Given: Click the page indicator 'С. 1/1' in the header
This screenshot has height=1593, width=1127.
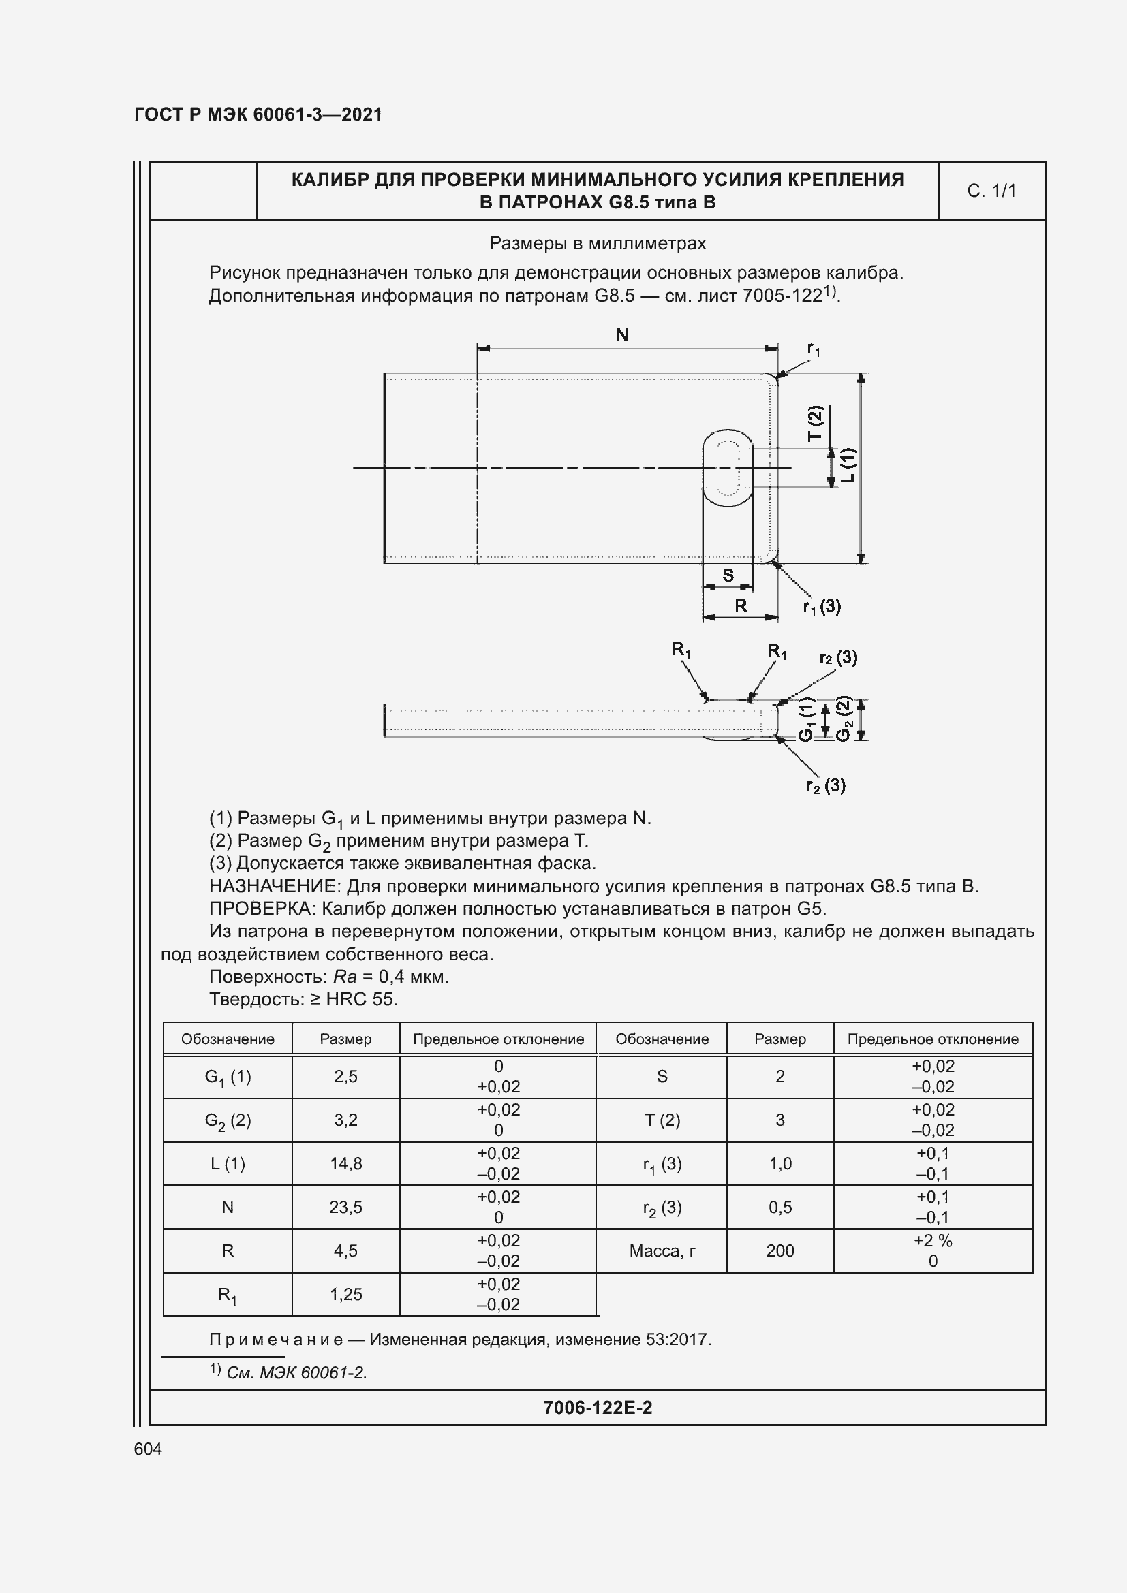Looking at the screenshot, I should (x=991, y=191).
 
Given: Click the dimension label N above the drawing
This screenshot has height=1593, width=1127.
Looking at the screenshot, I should (x=622, y=335).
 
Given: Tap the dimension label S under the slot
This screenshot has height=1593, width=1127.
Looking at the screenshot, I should (x=728, y=575).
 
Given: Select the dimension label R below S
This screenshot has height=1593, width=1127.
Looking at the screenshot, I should (x=741, y=605).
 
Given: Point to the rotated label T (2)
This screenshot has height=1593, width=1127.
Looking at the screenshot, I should (x=815, y=423).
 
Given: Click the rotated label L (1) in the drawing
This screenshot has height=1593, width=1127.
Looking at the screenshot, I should (x=848, y=465).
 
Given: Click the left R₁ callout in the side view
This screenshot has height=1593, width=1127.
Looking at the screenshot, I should (x=681, y=650).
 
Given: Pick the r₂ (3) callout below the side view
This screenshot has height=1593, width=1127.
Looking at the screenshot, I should (x=825, y=785).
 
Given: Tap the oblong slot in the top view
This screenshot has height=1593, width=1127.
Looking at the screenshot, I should (x=727, y=468).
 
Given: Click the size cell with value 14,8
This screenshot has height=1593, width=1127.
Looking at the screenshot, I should (x=345, y=1163).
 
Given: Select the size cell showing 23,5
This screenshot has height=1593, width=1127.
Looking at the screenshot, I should (x=345, y=1208).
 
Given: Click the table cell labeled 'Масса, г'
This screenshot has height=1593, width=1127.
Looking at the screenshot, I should (x=662, y=1251).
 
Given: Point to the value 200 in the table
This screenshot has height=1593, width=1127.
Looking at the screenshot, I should (x=780, y=1251).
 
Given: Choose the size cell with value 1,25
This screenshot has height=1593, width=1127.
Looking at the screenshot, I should (x=345, y=1294).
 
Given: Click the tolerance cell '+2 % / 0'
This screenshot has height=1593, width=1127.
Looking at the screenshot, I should (x=933, y=1251).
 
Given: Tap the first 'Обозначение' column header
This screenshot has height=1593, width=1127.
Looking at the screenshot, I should (x=228, y=1039).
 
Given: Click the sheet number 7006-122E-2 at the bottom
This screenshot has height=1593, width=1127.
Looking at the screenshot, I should (x=598, y=1407).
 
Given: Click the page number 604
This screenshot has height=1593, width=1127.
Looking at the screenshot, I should (x=148, y=1449).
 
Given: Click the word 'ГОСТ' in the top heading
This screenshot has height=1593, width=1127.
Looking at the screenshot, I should (x=158, y=114).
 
